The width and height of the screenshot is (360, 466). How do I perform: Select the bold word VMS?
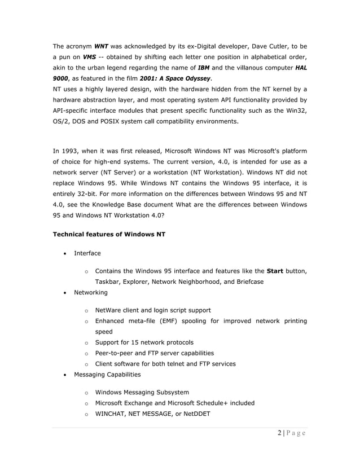(x=89, y=57)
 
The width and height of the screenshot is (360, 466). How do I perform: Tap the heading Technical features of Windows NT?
(x=109, y=233)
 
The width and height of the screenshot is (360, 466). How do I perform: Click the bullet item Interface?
(x=87, y=253)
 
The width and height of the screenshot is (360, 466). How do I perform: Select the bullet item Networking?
(x=91, y=292)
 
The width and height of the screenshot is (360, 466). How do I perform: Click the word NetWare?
(x=109, y=310)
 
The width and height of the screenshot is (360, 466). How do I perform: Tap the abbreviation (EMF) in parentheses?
(x=164, y=321)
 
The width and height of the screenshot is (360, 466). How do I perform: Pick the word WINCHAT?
(x=113, y=414)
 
